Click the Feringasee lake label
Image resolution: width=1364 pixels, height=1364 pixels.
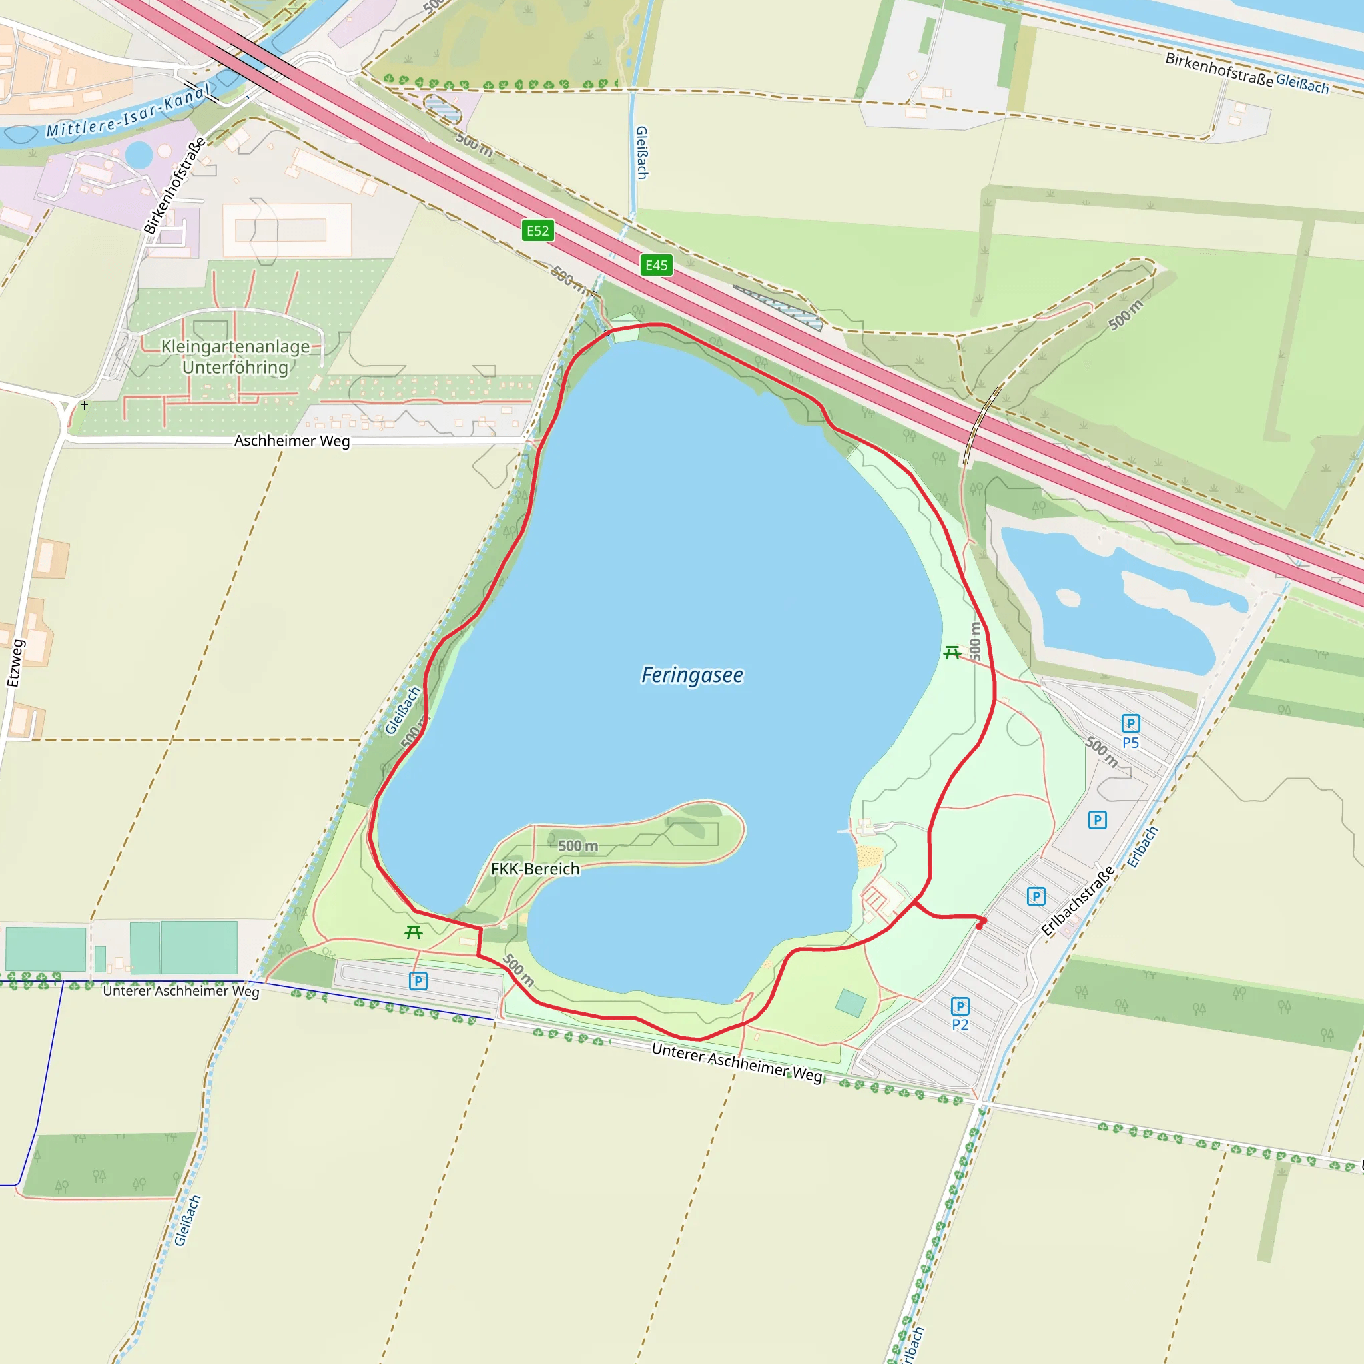(x=691, y=675)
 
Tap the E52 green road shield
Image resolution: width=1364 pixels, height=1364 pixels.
(x=537, y=231)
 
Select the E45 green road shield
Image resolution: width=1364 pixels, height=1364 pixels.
(x=656, y=266)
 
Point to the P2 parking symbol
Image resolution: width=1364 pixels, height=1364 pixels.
(x=960, y=1006)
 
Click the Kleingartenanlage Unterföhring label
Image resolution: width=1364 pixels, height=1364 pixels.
(x=235, y=356)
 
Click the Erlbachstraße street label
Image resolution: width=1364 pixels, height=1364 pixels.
(x=1078, y=901)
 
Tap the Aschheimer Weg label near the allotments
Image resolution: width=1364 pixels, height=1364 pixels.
(x=292, y=440)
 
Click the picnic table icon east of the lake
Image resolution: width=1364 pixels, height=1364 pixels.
(x=952, y=653)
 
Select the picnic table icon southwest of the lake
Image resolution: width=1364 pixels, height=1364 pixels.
(x=414, y=932)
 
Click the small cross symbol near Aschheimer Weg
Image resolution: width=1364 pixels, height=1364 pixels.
(x=85, y=405)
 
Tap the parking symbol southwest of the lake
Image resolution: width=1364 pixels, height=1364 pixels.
(x=418, y=980)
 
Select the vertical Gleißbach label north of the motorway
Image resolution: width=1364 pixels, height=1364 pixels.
(x=642, y=153)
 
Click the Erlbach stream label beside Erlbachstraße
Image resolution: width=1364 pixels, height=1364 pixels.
(x=1142, y=847)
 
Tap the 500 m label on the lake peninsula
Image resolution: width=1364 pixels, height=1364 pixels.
(x=577, y=846)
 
